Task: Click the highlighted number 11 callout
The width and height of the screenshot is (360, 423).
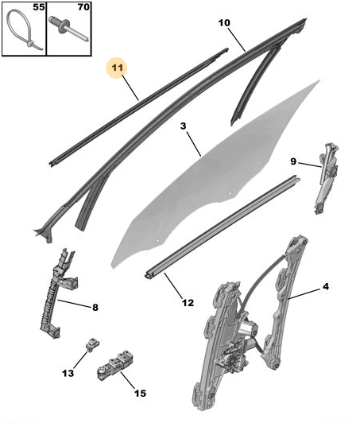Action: point(117,68)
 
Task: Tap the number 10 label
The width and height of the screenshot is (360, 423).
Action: point(224,23)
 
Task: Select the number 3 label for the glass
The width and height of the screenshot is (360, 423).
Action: point(184,126)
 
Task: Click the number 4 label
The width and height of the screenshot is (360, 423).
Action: point(326,286)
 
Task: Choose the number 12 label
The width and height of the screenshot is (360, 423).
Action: point(188,303)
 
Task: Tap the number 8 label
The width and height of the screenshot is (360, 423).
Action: point(95,307)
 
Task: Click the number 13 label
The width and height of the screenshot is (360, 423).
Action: point(68,374)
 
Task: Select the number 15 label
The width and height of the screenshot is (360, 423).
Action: point(140,394)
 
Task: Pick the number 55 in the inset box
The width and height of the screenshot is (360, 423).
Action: point(39,7)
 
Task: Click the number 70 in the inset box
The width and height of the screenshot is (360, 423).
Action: point(83,7)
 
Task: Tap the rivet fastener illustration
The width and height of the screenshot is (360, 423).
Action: point(68,29)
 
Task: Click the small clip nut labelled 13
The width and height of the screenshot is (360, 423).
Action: point(92,344)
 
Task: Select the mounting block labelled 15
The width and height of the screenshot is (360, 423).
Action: point(115,365)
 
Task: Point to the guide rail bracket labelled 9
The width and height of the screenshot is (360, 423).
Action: point(327,178)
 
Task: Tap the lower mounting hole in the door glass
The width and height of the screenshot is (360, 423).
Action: point(158,240)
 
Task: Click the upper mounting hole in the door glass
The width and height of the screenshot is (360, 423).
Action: point(230,193)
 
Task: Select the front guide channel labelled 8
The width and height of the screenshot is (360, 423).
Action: point(57,294)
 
